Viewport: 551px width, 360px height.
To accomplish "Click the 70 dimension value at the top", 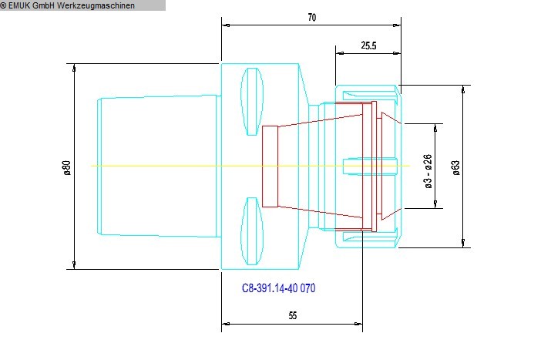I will [x=311, y=17].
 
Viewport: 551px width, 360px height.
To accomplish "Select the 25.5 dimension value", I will [x=368, y=45].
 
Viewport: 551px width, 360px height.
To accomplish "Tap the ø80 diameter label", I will [x=66, y=167].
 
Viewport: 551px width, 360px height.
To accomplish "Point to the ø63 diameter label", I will [x=455, y=167].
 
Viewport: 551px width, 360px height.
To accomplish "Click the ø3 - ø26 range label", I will [x=428, y=171].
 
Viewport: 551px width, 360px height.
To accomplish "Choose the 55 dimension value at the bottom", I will [x=293, y=315].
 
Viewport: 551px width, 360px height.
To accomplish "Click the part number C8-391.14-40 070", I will [x=279, y=288].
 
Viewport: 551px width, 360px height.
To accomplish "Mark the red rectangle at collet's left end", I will [x=269, y=166].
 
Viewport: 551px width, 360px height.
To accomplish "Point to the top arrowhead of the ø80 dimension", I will [x=74, y=68].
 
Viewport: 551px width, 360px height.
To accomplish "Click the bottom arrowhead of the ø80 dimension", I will [x=74, y=265].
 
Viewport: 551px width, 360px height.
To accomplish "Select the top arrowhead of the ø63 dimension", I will [x=464, y=89].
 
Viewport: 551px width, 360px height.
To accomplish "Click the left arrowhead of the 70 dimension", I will [x=226, y=25].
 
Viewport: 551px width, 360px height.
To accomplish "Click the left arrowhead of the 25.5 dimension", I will [x=339, y=55].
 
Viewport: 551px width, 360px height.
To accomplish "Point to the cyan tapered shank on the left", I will [x=158, y=166].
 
